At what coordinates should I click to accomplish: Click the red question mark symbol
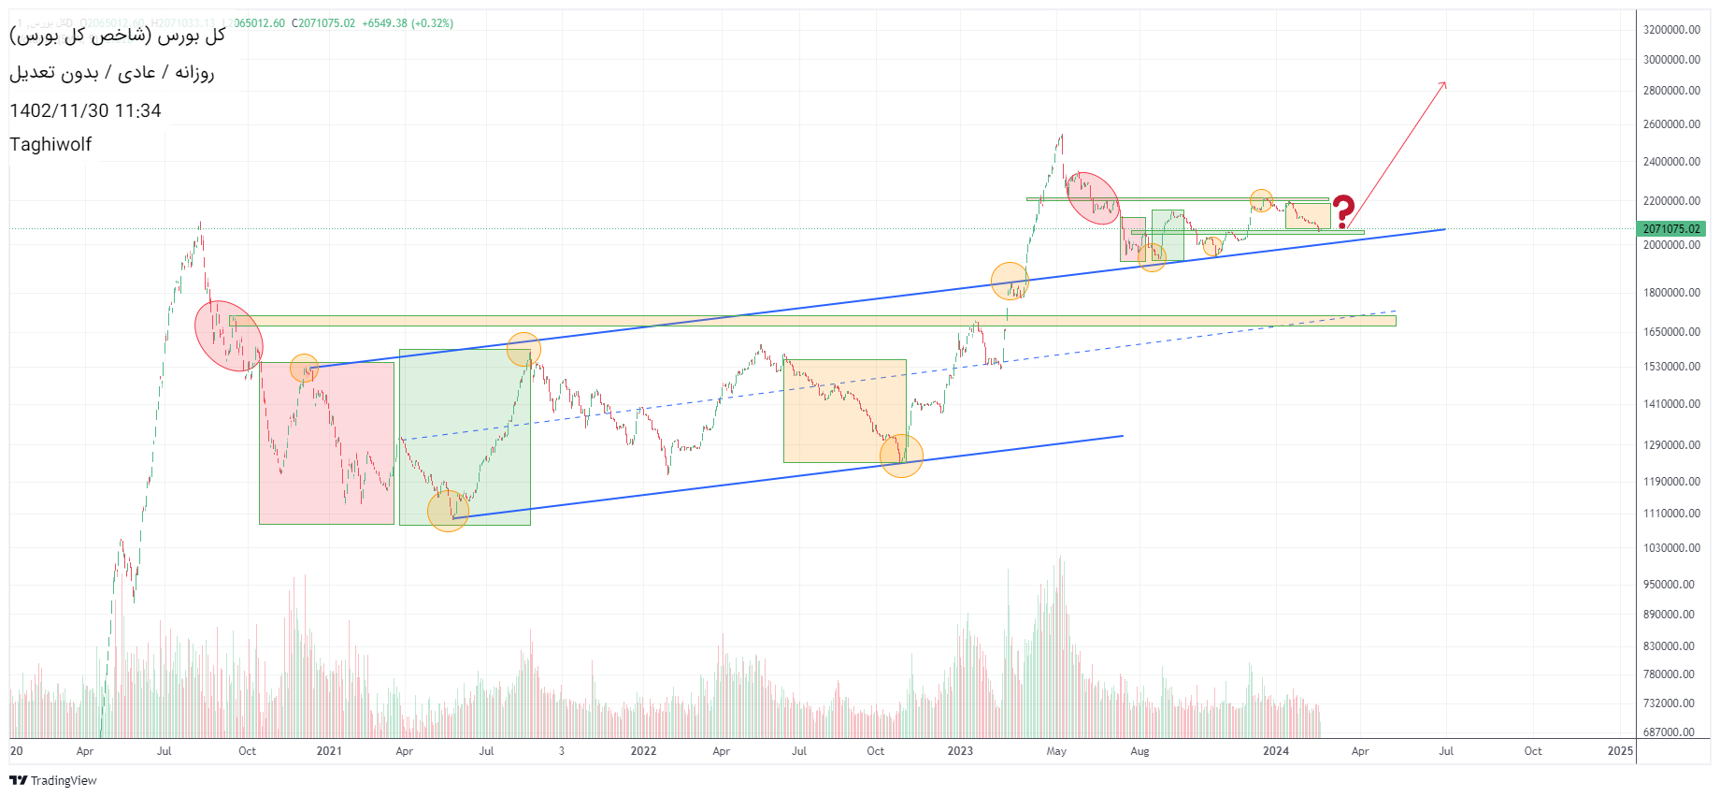click(1343, 211)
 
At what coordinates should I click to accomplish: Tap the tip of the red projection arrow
click(1445, 83)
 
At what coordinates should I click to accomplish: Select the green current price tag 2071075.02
click(1671, 228)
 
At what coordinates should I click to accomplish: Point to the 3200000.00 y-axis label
click(1671, 30)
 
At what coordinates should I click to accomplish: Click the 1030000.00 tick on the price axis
click(1671, 548)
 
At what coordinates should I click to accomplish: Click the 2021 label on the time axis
click(329, 751)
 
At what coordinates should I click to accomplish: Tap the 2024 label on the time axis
click(1275, 751)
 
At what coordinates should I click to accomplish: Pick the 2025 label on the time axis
click(1620, 751)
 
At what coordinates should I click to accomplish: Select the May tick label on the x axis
click(1056, 751)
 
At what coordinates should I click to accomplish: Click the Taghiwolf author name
click(50, 144)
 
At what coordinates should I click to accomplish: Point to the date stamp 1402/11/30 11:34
click(85, 110)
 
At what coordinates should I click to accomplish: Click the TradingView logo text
click(63, 780)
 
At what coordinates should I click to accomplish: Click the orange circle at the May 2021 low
click(448, 512)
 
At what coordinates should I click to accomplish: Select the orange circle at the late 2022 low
click(901, 456)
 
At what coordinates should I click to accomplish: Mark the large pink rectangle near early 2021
click(326, 442)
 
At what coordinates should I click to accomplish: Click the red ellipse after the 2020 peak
click(228, 336)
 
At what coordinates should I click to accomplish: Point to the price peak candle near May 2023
click(1061, 137)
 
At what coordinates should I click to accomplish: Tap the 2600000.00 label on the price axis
click(1671, 124)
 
